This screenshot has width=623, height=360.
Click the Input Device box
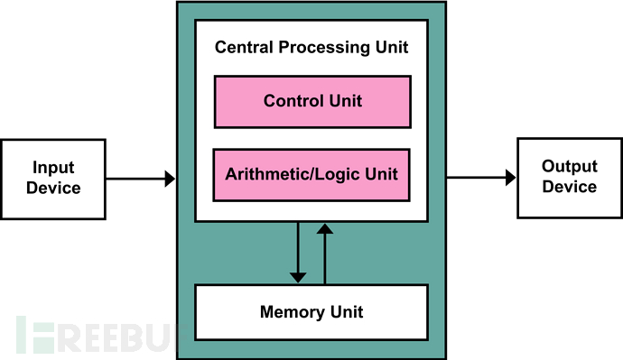pyautogui.click(x=53, y=179)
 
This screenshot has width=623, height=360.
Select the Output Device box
pyautogui.click(x=570, y=178)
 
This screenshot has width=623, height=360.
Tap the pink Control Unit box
pyautogui.click(x=312, y=102)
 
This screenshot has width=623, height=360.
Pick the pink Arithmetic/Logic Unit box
pyautogui.click(x=311, y=175)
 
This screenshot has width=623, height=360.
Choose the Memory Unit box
pyautogui.click(x=311, y=312)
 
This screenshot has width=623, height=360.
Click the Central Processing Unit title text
pyautogui.click(x=311, y=47)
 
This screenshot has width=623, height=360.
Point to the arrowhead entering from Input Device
pyautogui.click(x=170, y=179)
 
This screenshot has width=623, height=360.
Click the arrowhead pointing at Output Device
pyautogui.click(x=511, y=178)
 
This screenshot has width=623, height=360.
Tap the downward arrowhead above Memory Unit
pyautogui.click(x=298, y=278)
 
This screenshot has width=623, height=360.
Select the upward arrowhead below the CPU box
pyautogui.click(x=325, y=228)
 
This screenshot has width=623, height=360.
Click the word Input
pyautogui.click(x=53, y=168)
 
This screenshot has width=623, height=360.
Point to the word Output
pyautogui.click(x=570, y=167)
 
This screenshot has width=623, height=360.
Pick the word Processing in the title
pyautogui.click(x=325, y=48)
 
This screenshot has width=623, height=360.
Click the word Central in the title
pyautogui.click(x=244, y=47)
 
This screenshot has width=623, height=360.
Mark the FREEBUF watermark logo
pyautogui.click(x=99, y=335)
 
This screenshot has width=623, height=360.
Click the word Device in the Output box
pyautogui.click(x=570, y=187)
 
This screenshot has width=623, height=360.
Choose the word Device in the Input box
pyautogui.click(x=53, y=188)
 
